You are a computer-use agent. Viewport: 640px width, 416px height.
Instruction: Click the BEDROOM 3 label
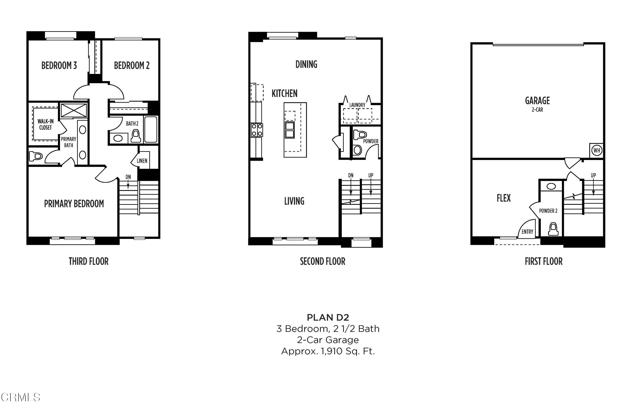(59, 66)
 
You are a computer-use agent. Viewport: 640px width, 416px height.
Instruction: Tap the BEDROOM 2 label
(131, 66)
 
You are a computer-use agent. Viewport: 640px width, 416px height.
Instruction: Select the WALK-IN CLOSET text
(45, 125)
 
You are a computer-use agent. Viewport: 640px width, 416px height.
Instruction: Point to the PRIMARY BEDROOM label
(73, 203)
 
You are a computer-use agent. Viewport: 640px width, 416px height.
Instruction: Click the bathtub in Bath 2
(151, 129)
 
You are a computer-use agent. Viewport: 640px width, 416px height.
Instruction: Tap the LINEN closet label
(142, 161)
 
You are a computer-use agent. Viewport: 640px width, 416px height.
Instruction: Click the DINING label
(306, 66)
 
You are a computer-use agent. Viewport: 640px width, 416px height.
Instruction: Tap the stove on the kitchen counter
(256, 129)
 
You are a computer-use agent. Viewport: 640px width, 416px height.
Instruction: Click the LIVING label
(294, 201)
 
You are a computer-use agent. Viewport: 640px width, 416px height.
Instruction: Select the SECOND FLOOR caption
(321, 261)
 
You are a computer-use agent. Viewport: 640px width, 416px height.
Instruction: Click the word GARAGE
(537, 100)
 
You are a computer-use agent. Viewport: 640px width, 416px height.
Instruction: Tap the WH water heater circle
(596, 150)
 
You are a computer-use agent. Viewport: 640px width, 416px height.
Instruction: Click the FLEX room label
(504, 198)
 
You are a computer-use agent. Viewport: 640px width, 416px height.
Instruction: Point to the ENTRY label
(526, 233)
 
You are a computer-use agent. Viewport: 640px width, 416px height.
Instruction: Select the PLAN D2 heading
(320, 317)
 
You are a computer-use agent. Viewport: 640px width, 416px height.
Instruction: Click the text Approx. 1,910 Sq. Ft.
(320, 352)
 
